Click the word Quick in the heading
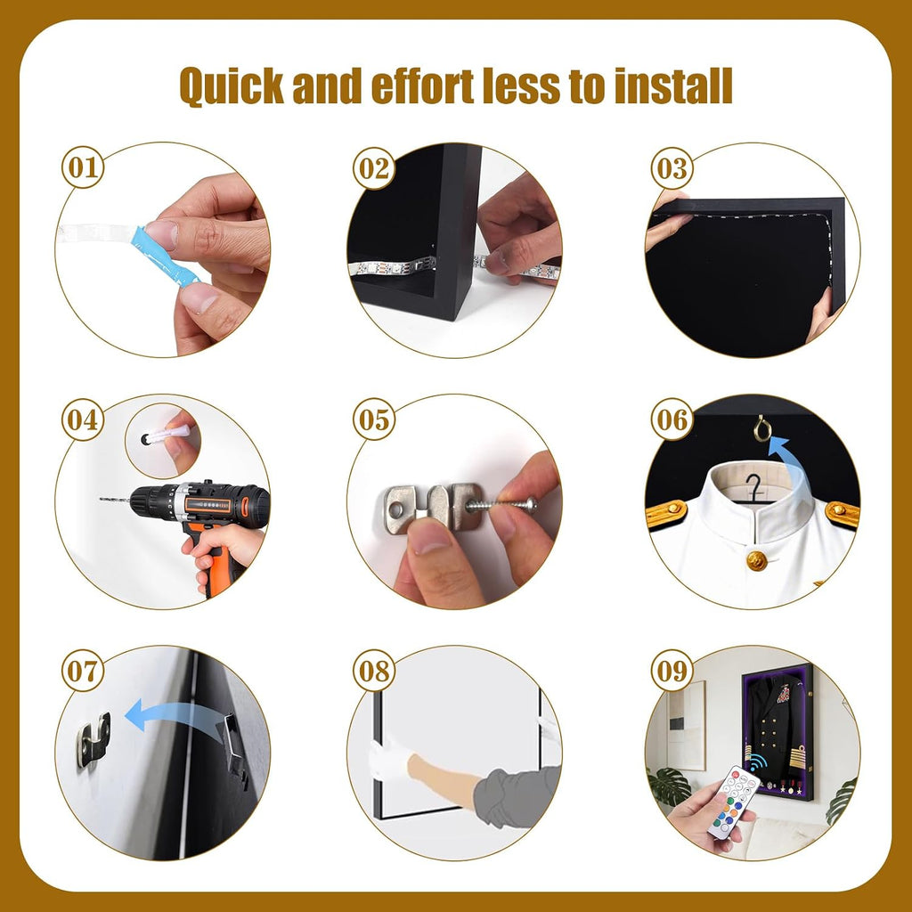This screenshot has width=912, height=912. (x=232, y=86)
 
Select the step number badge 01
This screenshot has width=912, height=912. (x=83, y=167)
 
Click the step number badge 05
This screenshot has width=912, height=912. (x=374, y=419)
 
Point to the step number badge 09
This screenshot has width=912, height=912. (x=672, y=671)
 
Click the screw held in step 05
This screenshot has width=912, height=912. (x=501, y=503)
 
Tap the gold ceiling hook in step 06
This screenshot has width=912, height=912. (x=762, y=429)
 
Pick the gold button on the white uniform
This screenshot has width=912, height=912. (x=757, y=560)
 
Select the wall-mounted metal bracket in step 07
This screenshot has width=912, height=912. (x=93, y=739)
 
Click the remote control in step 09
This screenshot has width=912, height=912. (x=734, y=802)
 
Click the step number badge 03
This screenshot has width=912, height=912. (x=672, y=168)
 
